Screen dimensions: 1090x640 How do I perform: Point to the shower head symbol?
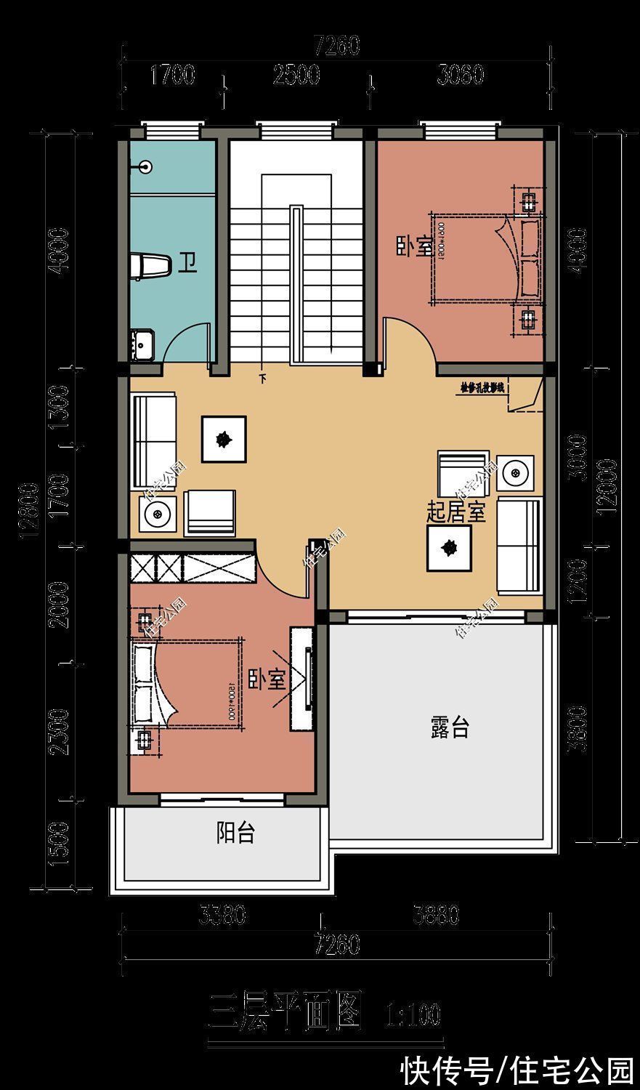pos(147,167)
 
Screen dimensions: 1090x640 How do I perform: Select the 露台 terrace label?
pos(450,727)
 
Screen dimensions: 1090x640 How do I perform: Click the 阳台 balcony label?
pos(236,833)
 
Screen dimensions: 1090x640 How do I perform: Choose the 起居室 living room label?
pos(455,513)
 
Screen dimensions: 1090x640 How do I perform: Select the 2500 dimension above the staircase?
pos(296,75)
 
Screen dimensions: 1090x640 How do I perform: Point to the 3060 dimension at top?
pos(461,75)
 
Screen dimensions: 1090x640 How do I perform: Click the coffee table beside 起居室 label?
pos(449,548)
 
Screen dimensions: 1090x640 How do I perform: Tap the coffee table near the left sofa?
pos(224,438)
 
